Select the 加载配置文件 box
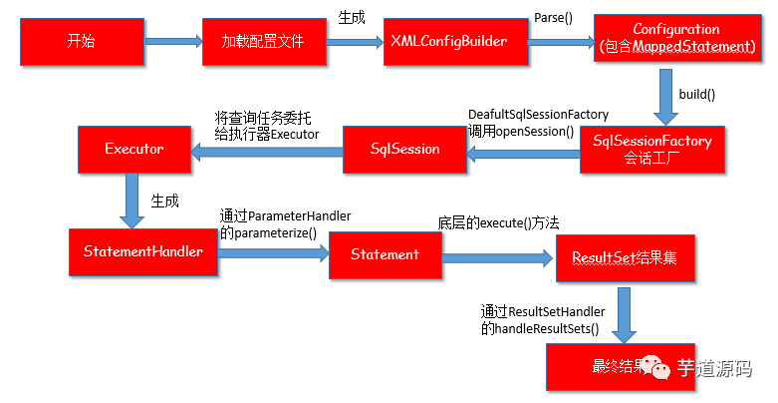point(262,42)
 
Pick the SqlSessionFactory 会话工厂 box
point(651,150)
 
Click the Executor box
point(133,150)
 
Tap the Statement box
point(385,254)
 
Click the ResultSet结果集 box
point(625,257)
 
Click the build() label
point(698,93)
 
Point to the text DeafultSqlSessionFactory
point(538,114)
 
